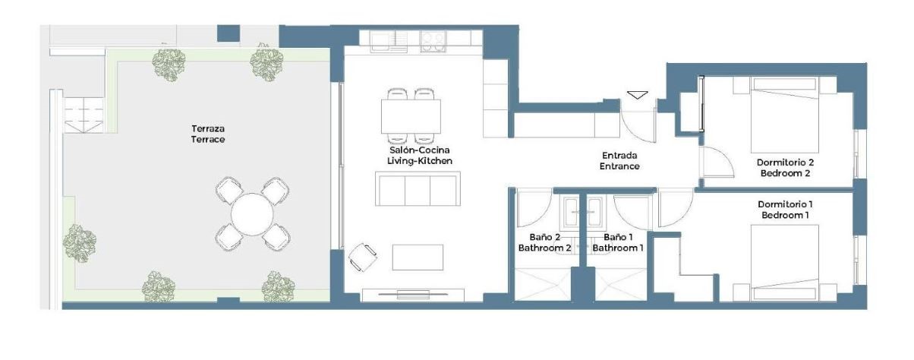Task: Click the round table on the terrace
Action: tap(252, 214)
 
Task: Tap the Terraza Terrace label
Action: tap(208, 134)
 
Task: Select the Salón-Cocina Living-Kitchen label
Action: tap(420, 156)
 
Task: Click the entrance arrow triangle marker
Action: tap(638, 95)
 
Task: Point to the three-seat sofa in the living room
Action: tap(418, 188)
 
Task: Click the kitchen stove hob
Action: tap(433, 42)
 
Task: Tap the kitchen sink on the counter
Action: tap(389, 42)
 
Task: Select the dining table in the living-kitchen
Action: tap(411, 116)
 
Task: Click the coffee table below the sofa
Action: tap(418, 257)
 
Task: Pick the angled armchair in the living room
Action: tap(363, 257)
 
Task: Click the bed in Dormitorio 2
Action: tap(785, 115)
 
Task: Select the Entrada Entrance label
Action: tap(619, 161)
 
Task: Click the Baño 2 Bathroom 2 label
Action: tap(545, 242)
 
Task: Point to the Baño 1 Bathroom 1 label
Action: tap(618, 242)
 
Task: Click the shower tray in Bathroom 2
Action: tap(543, 285)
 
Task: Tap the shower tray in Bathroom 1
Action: tap(621, 285)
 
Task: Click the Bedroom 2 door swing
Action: tap(717, 162)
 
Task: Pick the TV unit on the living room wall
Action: tap(413, 295)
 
